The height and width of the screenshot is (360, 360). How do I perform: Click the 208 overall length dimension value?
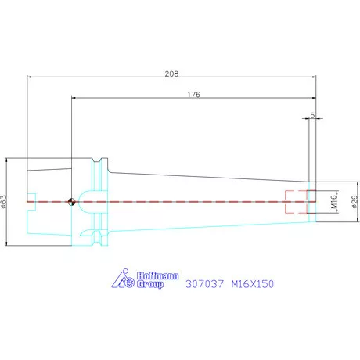point(171,74)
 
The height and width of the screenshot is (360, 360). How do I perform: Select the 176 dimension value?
point(193,95)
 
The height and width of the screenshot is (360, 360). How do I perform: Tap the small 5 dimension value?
point(312,115)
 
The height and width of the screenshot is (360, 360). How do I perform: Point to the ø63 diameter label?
point(4,202)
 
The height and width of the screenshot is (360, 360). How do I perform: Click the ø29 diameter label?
point(355,202)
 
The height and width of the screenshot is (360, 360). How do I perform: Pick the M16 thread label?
point(334,202)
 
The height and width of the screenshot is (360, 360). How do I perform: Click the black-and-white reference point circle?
point(71,202)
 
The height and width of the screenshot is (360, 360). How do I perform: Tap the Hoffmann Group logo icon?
point(123,279)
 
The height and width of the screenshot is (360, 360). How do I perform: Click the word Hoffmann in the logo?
point(158,275)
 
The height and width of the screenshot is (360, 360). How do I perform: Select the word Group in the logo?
point(150,284)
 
